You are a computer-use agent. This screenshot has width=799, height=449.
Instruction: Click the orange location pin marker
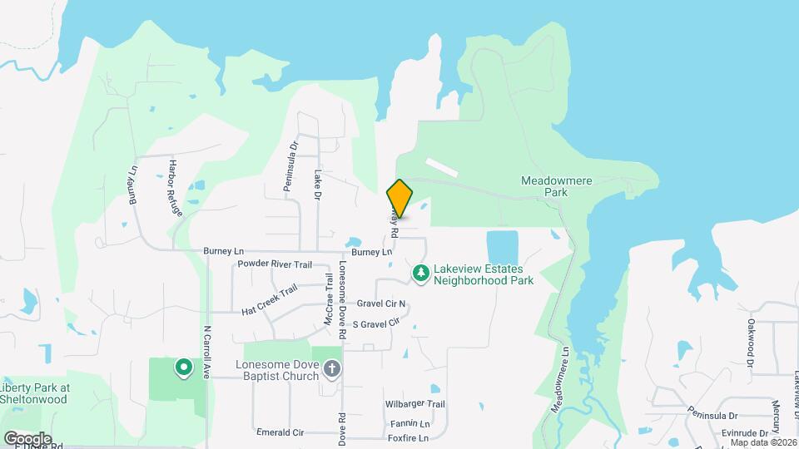coord(400,198)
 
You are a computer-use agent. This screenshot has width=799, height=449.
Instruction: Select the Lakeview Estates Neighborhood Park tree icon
coord(422,273)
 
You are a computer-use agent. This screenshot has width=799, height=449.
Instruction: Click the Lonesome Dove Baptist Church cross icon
coord(332,368)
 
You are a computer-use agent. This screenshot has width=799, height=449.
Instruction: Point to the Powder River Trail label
coord(274,264)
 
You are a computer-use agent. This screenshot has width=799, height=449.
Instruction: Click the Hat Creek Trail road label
coord(270,301)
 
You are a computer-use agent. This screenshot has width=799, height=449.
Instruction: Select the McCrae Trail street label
coord(328,306)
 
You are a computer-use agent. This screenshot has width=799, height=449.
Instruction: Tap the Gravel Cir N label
coord(381,304)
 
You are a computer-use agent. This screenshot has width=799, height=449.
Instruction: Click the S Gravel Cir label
coord(376,323)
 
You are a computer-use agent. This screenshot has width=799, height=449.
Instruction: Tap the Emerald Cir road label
coord(280,433)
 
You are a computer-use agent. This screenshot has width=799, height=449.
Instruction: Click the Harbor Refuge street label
coord(175,188)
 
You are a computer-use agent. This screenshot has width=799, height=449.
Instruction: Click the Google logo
coord(27,438)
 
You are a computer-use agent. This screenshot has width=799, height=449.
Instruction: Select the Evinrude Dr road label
coord(743,433)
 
